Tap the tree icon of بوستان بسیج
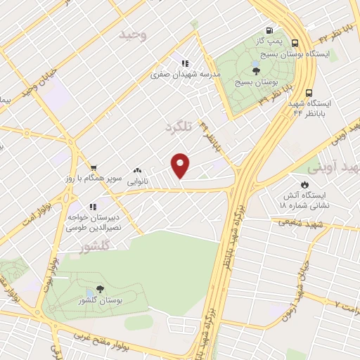point(256,70)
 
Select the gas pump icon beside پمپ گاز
point(269,31)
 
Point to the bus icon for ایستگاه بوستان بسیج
point(295,42)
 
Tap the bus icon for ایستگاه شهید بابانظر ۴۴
point(309,92)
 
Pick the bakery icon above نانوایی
point(136,171)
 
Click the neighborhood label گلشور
point(96,247)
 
